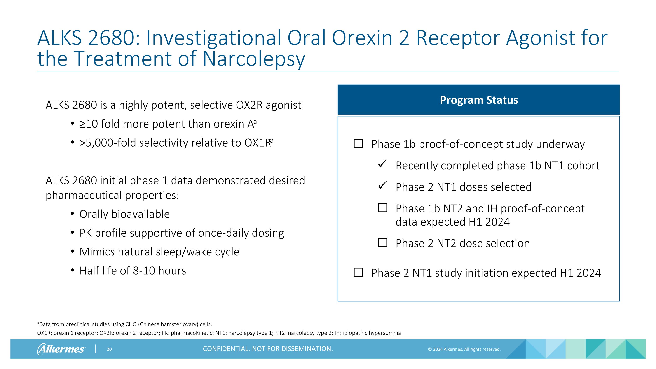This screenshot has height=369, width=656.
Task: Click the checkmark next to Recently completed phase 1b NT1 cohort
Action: coord(382,164)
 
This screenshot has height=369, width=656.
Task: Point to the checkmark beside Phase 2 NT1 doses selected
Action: coord(382,185)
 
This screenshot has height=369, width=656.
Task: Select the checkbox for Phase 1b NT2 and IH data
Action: coord(382,208)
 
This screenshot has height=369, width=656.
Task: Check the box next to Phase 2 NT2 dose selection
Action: coord(382,242)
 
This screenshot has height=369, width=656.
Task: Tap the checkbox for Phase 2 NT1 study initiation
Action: coord(358,272)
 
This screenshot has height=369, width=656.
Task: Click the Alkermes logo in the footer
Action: coord(61,349)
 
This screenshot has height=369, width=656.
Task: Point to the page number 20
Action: coord(109,349)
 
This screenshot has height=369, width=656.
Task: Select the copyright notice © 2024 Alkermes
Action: coord(464,349)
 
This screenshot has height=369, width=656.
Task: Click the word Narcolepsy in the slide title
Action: coord(254,59)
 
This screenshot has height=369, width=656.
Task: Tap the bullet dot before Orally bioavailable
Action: coord(72,214)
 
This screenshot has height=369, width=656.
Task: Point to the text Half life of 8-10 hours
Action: coord(133,271)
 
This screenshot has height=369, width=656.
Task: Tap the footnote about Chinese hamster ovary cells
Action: coord(125,324)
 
